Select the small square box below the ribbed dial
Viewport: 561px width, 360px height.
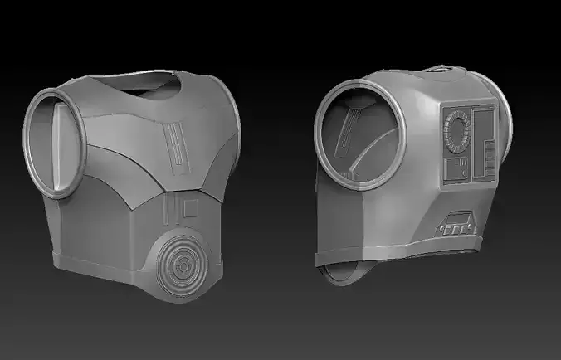pyautogui.click(x=456, y=171)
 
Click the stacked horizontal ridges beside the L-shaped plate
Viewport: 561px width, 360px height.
pyautogui.click(x=490, y=154)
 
